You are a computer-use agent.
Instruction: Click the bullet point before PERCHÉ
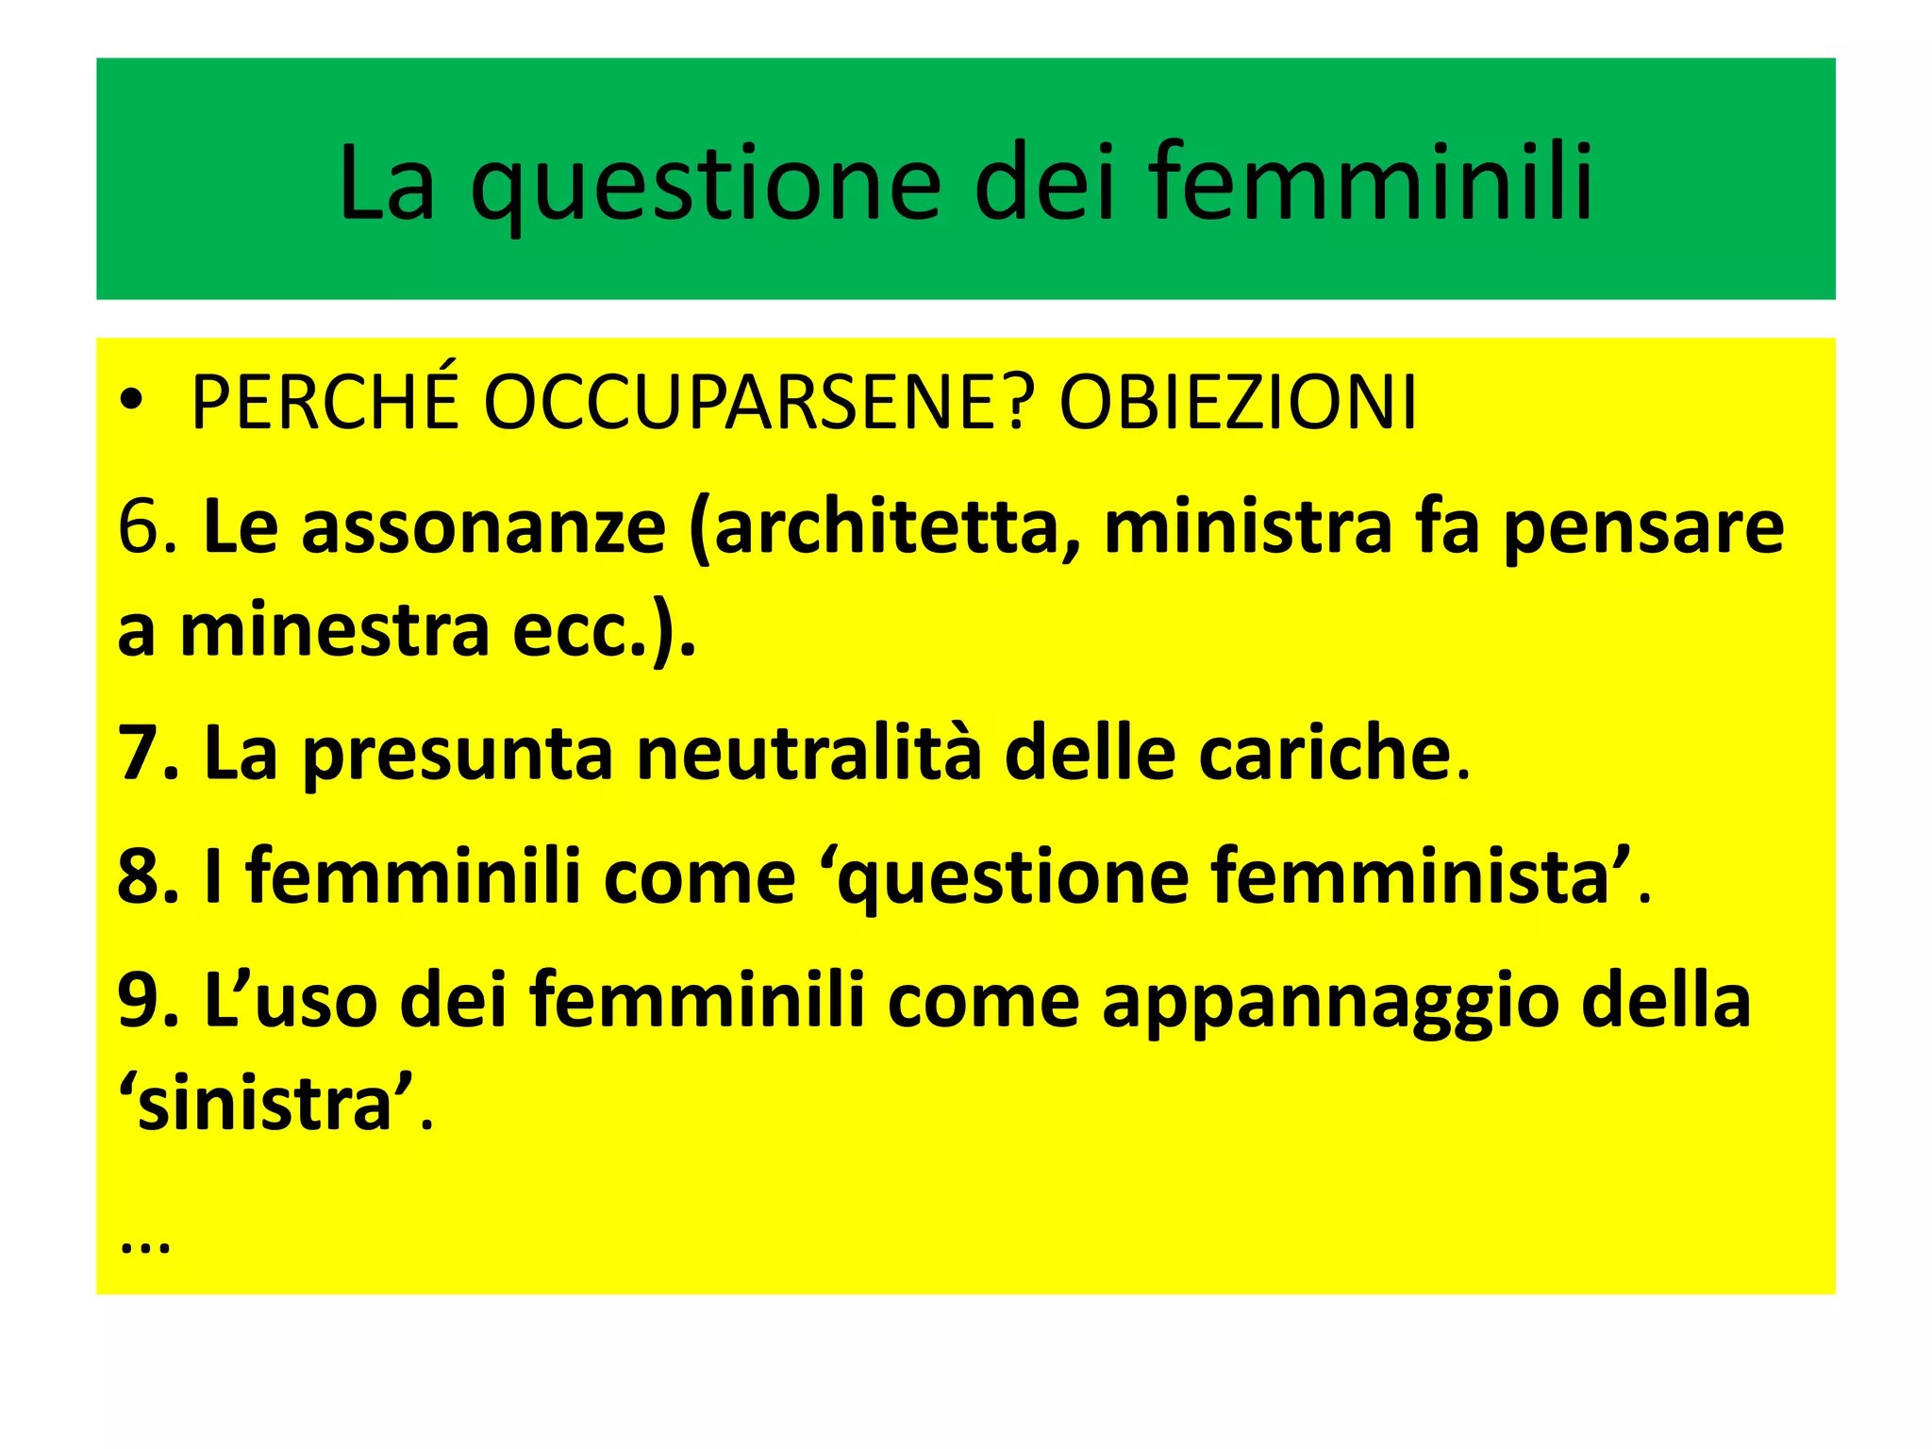[132, 404]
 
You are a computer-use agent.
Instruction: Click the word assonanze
[482, 527]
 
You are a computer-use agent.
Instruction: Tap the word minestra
[335, 631]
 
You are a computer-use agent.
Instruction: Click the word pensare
[1642, 527]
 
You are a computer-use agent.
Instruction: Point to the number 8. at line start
[147, 876]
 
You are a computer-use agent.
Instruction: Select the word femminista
[1411, 876]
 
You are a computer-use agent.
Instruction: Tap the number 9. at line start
[147, 1000]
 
